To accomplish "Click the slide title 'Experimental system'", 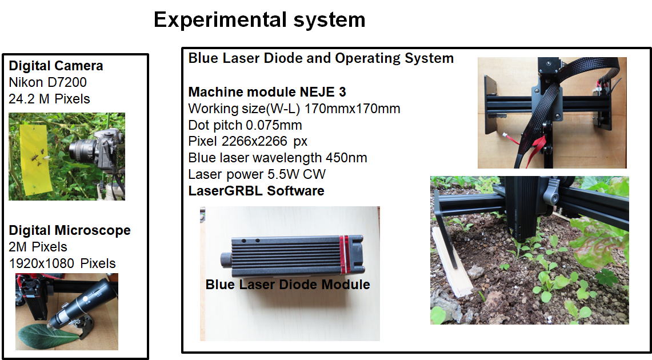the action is click(x=259, y=19).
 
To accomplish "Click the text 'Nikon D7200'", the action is click(x=48, y=82).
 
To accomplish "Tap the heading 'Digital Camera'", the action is click(x=56, y=66).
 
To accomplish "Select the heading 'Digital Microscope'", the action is click(x=70, y=230).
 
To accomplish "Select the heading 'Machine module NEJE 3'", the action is click(x=267, y=92).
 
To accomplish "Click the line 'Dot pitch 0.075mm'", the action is click(x=245, y=125).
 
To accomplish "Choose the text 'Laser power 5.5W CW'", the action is click(x=257, y=174).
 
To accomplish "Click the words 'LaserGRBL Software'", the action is click(x=256, y=191).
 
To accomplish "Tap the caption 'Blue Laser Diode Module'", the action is click(x=288, y=285).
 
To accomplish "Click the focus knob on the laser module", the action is click(x=226, y=259).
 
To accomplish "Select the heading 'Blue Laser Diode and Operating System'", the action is click(x=321, y=58).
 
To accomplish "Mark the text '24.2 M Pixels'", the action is click(x=49, y=99).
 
